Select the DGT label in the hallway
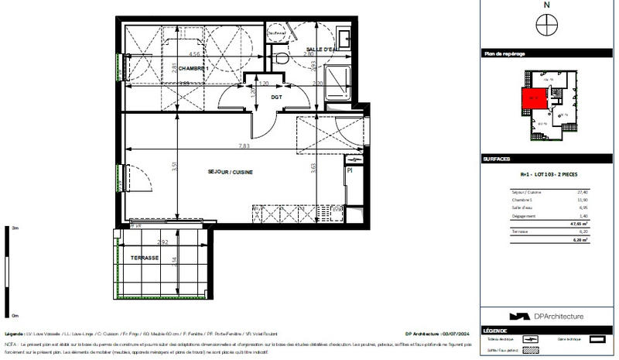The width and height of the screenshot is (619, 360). [x=275, y=97]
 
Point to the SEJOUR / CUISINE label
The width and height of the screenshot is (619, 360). [x=231, y=171]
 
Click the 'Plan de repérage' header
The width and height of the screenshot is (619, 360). [x=504, y=53]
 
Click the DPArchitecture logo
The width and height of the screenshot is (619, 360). [x=546, y=316]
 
